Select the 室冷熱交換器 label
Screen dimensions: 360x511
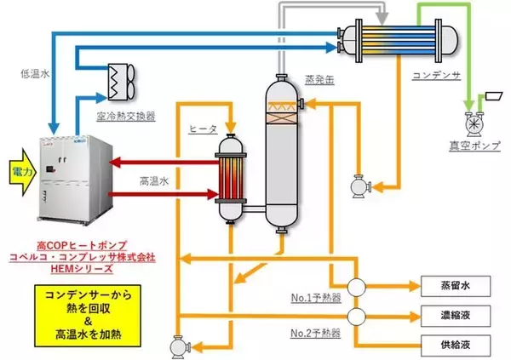point(125,115)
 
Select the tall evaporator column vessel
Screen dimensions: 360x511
point(279,153)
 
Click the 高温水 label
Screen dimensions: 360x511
point(157,181)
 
